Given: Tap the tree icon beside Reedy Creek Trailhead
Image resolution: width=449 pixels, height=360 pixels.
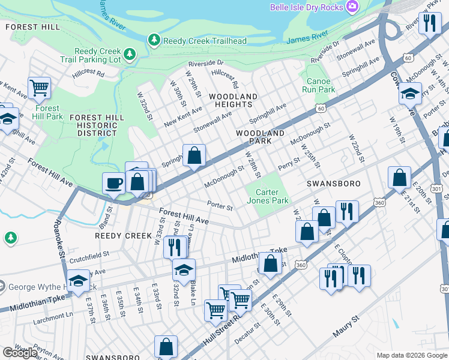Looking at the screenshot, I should point(154,40).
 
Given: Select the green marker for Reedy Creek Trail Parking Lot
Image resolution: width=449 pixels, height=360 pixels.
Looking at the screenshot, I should point(130,56).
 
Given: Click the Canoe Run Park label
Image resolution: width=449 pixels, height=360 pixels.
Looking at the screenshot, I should point(321,85).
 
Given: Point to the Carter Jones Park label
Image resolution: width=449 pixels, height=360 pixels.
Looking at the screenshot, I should point(267,196).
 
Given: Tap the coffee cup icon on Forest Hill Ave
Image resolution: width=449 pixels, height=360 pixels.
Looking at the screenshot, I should point(113,183).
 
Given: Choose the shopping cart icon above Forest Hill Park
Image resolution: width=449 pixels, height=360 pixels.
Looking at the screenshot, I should point(39,88).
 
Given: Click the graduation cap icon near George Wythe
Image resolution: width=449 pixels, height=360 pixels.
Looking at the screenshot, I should point(78,280).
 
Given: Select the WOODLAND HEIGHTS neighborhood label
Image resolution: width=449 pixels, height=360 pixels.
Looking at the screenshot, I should point(234,100).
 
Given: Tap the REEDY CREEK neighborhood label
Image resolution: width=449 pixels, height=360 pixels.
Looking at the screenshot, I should point(124,236).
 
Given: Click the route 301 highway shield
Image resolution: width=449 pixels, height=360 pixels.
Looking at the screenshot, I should point(437,188).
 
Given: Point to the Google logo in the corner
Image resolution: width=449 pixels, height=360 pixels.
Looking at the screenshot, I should point(20,352).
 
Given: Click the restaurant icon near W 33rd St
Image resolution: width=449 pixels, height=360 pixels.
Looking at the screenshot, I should point(175,246).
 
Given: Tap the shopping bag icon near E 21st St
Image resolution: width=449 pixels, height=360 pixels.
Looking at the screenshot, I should point(399,178).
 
